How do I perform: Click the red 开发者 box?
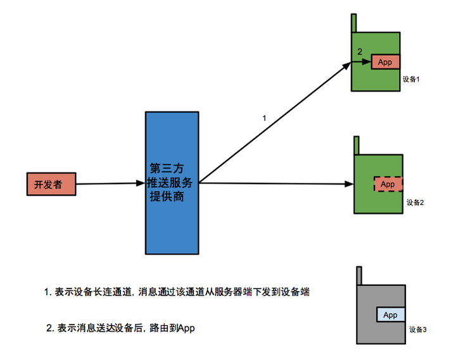click(51, 184)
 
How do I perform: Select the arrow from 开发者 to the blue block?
click(111, 184)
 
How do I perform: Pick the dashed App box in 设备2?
click(388, 184)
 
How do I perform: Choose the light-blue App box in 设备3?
click(390, 314)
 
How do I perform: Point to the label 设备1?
click(412, 80)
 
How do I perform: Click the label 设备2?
click(415, 202)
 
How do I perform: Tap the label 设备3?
click(419, 330)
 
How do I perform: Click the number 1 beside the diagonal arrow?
click(264, 118)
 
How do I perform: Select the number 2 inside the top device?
click(360, 52)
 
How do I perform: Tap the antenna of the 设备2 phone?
click(357, 145)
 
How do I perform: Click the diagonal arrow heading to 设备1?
click(272, 120)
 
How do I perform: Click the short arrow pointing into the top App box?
click(362, 62)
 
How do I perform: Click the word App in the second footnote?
click(186, 328)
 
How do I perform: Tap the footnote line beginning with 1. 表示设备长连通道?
click(177, 292)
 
